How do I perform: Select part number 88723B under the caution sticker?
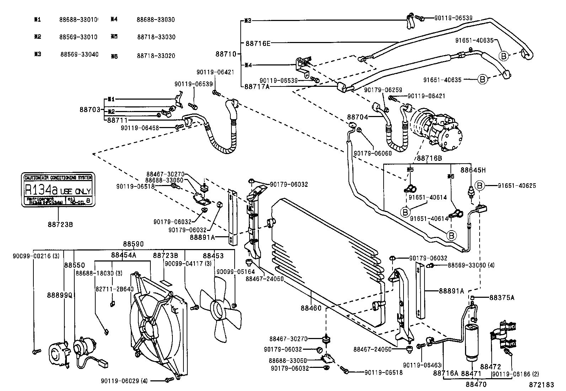pyautogui.click(x=60, y=224)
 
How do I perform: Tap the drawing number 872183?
pyautogui.click(x=541, y=385)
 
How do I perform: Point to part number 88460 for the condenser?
pyautogui.click(x=311, y=308)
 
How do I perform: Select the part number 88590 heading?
pyautogui.click(x=133, y=244)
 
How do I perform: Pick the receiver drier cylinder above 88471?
pyautogui.click(x=472, y=341)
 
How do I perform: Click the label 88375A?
pyautogui.click(x=502, y=298)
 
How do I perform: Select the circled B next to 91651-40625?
pyautogui.click(x=479, y=186)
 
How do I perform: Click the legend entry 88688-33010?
pyautogui.click(x=78, y=20)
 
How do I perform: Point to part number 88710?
pyautogui.click(x=226, y=54)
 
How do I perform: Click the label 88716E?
pyautogui.click(x=258, y=43)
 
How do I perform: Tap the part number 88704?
pyautogui.click(x=357, y=117)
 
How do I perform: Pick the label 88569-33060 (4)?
pyautogui.click(x=471, y=265)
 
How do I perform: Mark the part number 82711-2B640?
pyautogui.click(x=114, y=289)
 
